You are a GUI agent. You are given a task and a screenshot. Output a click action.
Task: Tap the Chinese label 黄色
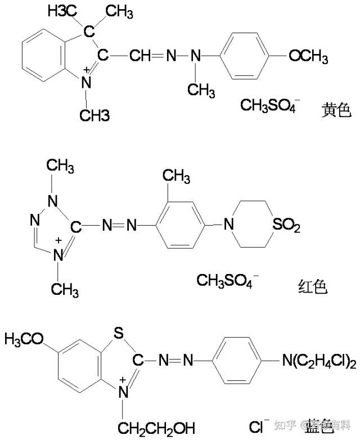click(x=336, y=110)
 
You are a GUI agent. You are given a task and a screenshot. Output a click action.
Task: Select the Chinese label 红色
click(x=312, y=288)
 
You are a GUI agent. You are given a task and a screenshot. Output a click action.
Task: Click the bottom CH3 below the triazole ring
click(x=64, y=289)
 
